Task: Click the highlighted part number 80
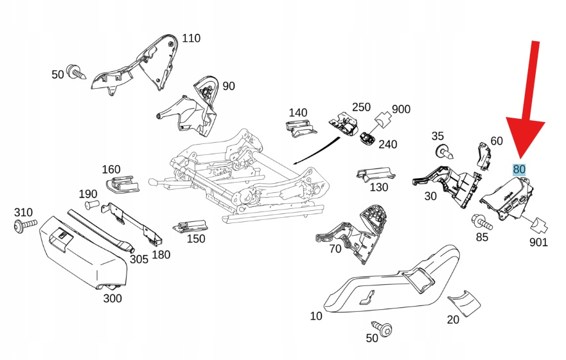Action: pos(519,170)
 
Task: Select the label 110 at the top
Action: pos(191,39)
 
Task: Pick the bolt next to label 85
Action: pos(481,222)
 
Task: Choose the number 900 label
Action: pos(401,109)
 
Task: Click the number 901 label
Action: pos(538,243)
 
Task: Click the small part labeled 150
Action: pos(190,226)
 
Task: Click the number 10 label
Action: pos(316,316)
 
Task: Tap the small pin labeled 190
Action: pos(91,206)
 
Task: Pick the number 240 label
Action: pos(387,144)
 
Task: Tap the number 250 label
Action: pos(361,107)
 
